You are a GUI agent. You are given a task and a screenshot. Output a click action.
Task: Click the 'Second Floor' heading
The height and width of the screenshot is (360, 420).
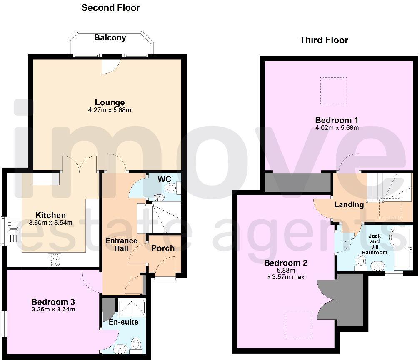110,7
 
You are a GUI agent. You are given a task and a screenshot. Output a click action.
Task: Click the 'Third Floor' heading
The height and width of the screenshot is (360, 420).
324,40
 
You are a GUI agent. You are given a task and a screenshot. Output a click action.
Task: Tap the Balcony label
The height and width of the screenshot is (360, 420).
110,38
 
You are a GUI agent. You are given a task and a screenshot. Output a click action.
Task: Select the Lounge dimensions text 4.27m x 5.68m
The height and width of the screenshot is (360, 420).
110,110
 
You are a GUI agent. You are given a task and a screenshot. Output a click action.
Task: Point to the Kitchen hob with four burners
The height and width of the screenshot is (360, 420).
55,260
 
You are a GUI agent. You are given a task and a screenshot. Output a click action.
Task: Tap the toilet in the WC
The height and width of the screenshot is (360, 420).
171,188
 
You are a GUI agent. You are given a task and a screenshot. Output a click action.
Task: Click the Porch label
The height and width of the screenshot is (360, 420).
162,248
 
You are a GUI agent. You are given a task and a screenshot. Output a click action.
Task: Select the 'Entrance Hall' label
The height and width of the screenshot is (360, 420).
121,244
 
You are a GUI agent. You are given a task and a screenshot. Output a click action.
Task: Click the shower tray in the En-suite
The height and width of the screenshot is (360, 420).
131,308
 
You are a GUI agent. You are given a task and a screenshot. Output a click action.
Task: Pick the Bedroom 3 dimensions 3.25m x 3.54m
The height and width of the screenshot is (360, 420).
53,309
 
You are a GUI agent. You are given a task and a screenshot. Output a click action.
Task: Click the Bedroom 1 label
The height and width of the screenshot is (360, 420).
336,120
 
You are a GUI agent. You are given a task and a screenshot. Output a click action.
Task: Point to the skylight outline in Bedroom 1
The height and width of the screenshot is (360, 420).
333,91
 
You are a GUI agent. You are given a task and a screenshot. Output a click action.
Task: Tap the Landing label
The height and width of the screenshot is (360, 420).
349,205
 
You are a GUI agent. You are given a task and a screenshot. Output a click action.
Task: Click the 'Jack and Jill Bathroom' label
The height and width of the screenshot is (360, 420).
375,244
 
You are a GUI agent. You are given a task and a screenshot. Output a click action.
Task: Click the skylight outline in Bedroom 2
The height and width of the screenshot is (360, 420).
299,325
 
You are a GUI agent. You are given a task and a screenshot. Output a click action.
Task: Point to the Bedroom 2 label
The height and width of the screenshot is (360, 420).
285,263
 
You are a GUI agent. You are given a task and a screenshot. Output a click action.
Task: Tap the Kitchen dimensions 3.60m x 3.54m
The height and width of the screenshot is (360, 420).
50,223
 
